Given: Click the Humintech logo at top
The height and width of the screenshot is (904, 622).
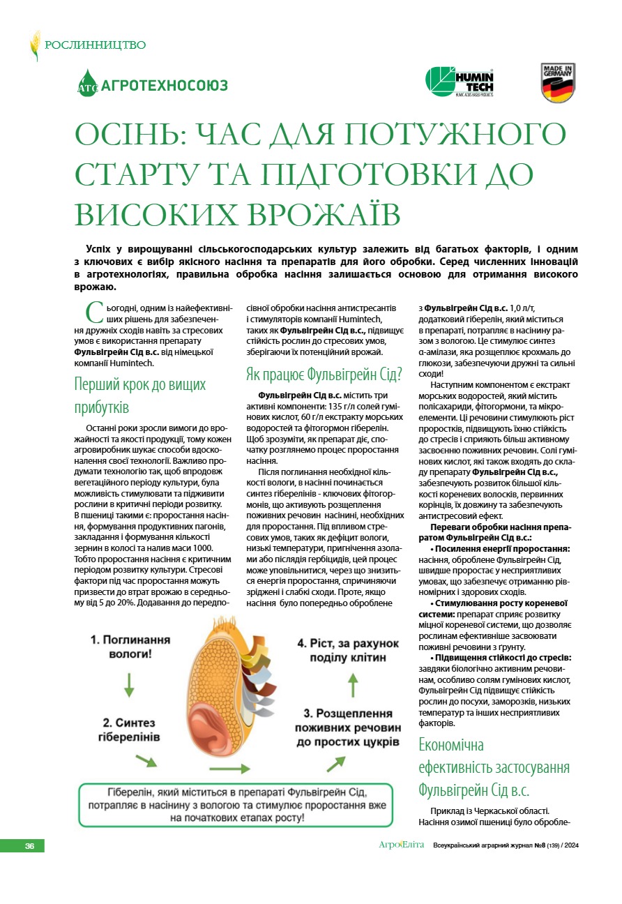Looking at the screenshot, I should pos(460,82).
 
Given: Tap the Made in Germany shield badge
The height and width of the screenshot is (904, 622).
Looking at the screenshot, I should pos(558,82).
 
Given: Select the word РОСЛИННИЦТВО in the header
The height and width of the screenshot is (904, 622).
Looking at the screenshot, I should pos(96,45).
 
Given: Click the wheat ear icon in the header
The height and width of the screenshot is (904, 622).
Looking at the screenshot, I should pos(35,45).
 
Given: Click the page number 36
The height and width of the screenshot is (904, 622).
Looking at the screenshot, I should pos(29,846).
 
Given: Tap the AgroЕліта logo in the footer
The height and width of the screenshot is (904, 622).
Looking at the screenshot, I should pos(401,845).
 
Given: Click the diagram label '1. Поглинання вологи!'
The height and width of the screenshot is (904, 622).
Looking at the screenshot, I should pos(130,647).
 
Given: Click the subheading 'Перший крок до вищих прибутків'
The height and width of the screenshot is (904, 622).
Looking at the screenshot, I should pos(140,395).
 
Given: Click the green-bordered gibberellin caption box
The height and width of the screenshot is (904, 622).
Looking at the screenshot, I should pos(236,805).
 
